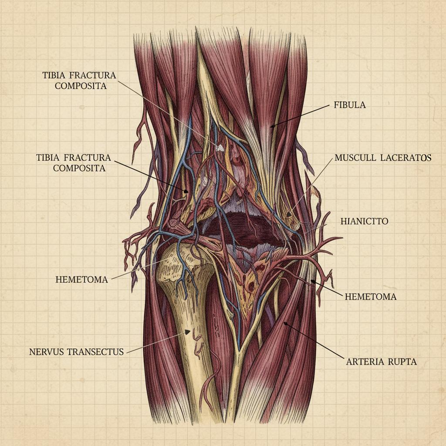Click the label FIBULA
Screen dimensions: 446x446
[350, 105]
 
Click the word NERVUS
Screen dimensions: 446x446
[47, 351]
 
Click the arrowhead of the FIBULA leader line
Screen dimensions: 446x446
[270, 127]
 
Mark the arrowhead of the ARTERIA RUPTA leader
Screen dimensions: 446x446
[284, 323]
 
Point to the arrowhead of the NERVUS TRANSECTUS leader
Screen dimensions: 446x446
[188, 332]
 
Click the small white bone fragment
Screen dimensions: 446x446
[220, 148]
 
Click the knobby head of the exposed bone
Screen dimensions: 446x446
[183, 261]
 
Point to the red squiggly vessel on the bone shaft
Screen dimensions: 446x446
[199, 344]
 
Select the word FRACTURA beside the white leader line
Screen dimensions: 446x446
[92, 75]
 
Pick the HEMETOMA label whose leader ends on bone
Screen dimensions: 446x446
[81, 280]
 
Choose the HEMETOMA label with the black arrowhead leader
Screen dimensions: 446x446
[370, 297]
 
